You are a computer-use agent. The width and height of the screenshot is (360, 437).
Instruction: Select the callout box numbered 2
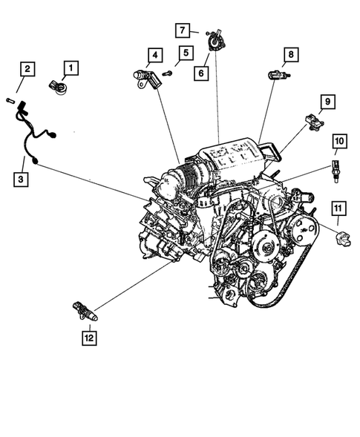(x=27, y=70)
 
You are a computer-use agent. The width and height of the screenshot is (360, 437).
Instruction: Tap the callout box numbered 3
(x=22, y=179)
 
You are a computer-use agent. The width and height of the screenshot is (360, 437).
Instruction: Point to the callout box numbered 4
(x=154, y=54)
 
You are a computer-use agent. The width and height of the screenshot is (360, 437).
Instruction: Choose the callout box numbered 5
(x=185, y=53)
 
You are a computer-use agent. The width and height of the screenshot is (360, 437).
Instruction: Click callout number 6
(x=200, y=73)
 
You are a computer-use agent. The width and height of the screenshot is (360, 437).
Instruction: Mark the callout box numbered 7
(x=183, y=30)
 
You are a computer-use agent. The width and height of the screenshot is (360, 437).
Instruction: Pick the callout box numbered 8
(x=291, y=54)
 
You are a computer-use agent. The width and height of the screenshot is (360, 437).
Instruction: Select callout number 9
(x=326, y=101)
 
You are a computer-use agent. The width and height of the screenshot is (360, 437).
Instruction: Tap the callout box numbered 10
(x=338, y=140)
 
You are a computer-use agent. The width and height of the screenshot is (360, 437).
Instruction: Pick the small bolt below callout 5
(x=168, y=73)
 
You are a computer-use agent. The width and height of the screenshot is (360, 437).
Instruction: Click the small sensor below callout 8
(x=279, y=74)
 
